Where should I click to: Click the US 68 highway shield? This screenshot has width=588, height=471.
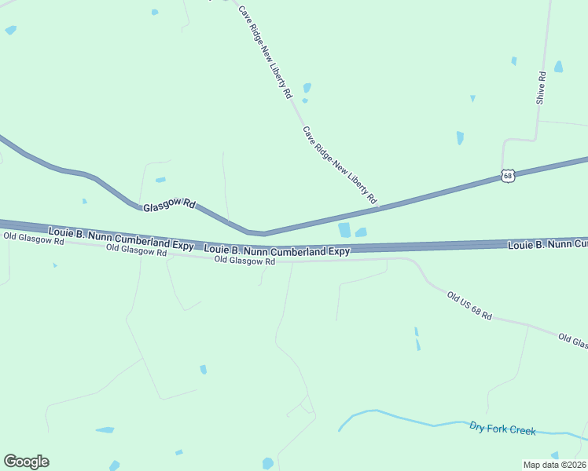pyautogui.click(x=508, y=176)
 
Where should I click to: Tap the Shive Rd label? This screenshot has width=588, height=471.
pyautogui.click(x=541, y=88)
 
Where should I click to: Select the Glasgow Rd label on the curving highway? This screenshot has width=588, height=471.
pyautogui.click(x=169, y=205)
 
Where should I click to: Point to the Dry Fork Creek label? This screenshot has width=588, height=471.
pyautogui.click(x=502, y=429)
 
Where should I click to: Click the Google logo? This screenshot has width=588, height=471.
pyautogui.click(x=26, y=462)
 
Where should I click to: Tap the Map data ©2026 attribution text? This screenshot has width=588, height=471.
pyautogui.click(x=554, y=465)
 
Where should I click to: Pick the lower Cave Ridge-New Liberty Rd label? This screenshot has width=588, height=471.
pyautogui.click(x=340, y=165)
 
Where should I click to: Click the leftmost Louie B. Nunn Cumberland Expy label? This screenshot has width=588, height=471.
pyautogui.click(x=120, y=239)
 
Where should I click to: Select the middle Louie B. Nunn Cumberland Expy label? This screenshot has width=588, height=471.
pyautogui.click(x=277, y=251)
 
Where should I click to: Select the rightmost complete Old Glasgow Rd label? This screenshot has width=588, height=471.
pyautogui.click(x=244, y=261)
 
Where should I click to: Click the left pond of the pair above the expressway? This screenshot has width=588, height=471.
pyautogui.click(x=344, y=230)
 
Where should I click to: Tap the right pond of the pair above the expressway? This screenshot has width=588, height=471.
pyautogui.click(x=361, y=232)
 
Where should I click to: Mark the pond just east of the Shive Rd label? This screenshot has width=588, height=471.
pyautogui.click(x=558, y=67)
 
